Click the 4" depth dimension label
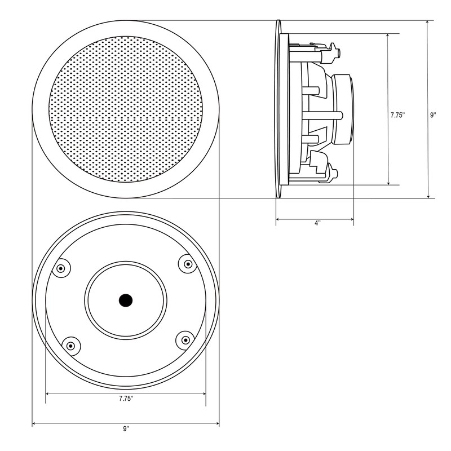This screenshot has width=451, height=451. click(x=317, y=224)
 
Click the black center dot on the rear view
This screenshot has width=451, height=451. click(x=125, y=300)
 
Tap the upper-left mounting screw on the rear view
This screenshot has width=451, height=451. click(x=61, y=268)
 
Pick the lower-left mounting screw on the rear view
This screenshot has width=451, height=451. click(x=70, y=345)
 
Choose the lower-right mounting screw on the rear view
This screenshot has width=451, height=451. click(x=184, y=339)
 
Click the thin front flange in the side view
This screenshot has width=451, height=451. click(x=277, y=110)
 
